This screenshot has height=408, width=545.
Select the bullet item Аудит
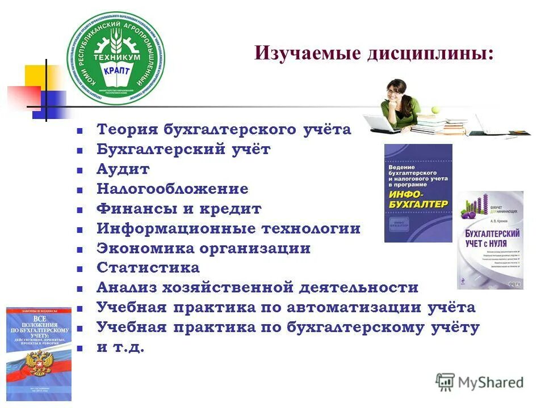(x=123, y=169)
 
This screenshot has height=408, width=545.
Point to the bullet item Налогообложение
(x=172, y=189)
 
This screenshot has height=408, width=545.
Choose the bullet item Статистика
(x=148, y=267)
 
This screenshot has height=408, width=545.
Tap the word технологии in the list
(x=311, y=229)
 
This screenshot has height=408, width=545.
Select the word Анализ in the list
(x=127, y=287)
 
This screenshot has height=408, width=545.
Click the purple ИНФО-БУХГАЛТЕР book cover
(x=418, y=193)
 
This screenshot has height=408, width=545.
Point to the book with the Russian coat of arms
(x=39, y=353)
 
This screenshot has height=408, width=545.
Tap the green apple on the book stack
(x=436, y=110)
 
